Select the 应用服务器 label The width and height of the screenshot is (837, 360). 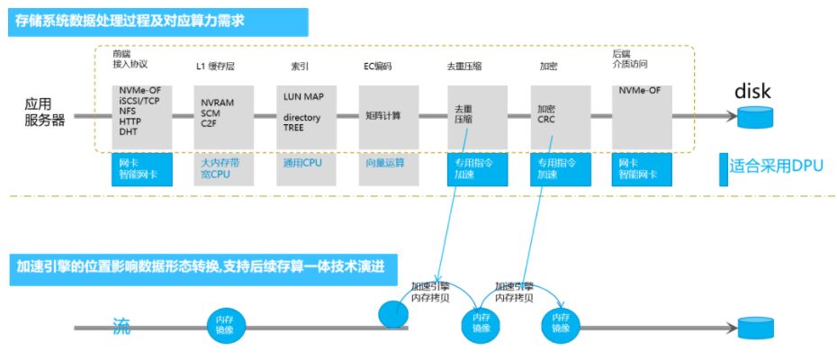(x=44, y=112)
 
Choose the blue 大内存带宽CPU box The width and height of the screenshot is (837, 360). (x=220, y=168)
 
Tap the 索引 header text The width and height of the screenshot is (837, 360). (x=300, y=67)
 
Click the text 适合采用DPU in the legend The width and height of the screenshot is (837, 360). (x=771, y=165)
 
